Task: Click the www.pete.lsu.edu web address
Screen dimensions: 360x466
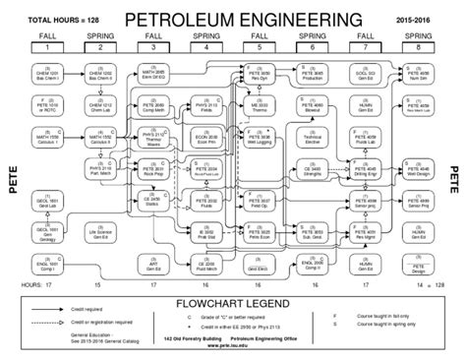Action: point(232,345)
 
